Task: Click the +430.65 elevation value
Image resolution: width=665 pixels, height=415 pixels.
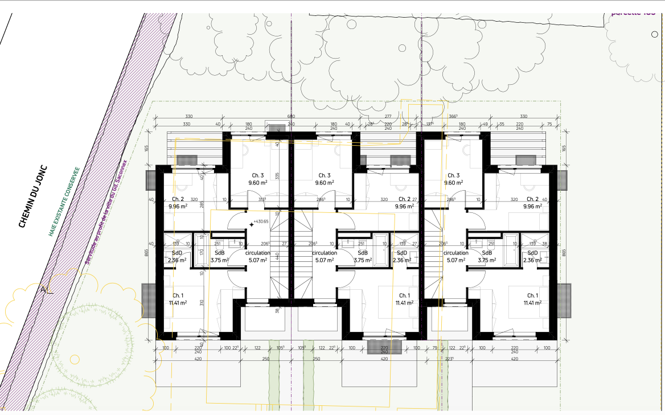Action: [x=261, y=221]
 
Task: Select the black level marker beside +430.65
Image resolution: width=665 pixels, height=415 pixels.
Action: [x=251, y=224]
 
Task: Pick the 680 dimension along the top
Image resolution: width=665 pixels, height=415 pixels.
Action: [x=291, y=117]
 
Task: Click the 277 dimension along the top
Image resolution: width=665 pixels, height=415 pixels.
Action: [x=388, y=117]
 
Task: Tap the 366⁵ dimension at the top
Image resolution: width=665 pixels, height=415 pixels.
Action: [x=453, y=117]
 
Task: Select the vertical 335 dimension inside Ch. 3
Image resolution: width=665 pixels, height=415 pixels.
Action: [x=278, y=176]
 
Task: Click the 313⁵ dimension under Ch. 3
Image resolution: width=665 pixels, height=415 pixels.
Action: [x=262, y=200]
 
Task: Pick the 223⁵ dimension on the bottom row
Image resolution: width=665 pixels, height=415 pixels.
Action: [x=449, y=359]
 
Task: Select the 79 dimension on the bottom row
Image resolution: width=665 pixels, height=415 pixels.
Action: [x=435, y=348]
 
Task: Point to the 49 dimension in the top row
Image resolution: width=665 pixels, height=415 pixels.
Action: [x=486, y=124]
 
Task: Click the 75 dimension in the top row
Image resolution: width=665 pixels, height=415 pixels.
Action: [x=549, y=124]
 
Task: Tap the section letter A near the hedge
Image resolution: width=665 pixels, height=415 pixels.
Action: [x=43, y=290]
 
